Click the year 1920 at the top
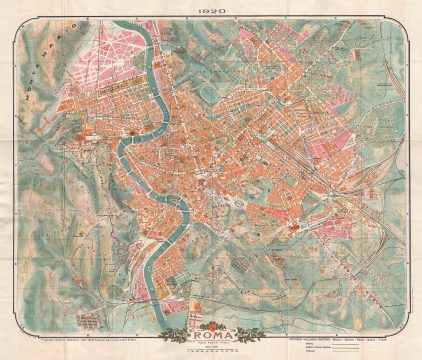point(211,11)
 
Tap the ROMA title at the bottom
point(211,337)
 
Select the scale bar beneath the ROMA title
point(211,351)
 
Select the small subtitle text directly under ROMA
point(211,346)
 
